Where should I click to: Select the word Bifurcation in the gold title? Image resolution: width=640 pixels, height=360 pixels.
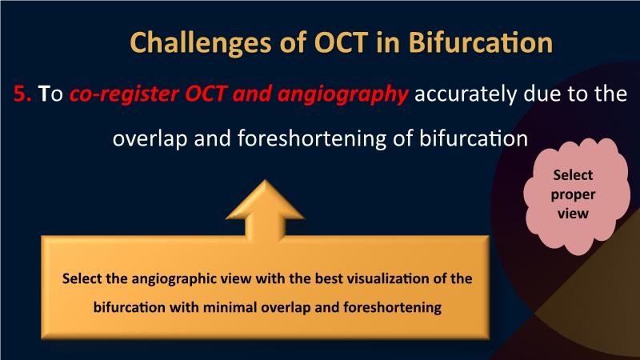(481, 42)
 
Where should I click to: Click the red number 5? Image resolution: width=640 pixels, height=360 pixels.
(22, 93)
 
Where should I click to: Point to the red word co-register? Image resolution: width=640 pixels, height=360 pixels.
(125, 94)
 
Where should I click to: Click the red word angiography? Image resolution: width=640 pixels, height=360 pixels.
(342, 94)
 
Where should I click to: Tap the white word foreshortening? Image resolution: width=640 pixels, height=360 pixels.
(312, 138)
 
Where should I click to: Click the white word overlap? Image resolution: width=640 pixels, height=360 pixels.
(150, 138)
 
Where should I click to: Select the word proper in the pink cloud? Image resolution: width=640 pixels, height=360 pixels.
(573, 194)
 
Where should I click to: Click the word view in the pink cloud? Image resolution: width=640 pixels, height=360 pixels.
(573, 213)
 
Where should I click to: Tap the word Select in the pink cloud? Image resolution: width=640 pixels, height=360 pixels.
(573, 175)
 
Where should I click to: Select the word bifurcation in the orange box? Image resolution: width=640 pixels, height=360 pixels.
(130, 307)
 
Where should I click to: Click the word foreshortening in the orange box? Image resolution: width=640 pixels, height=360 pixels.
(392, 307)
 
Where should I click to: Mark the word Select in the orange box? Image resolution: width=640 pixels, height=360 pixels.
(82, 278)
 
